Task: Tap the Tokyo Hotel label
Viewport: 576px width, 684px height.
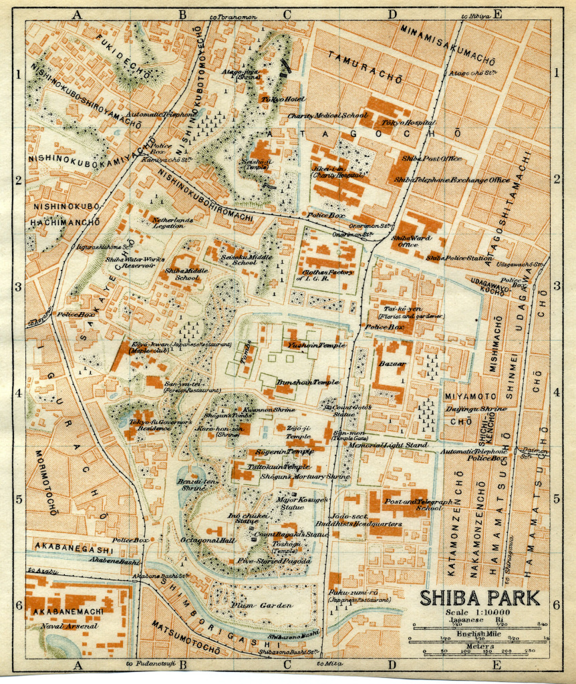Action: coord(282,100)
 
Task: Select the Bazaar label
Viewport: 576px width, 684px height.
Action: coord(392,363)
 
